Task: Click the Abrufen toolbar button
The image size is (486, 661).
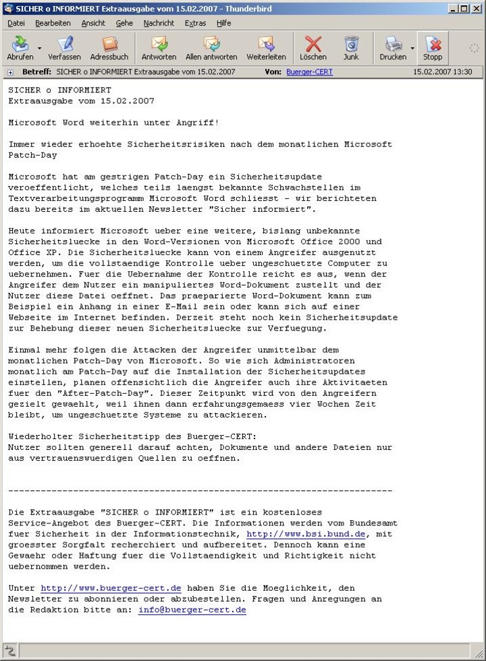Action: pos(20,48)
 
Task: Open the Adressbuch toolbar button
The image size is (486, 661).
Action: pos(109,48)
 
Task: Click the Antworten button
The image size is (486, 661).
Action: pos(159,48)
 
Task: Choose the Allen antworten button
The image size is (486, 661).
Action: pos(211,48)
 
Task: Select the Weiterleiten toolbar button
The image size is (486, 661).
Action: pos(266,48)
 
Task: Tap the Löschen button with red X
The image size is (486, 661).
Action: pos(313,48)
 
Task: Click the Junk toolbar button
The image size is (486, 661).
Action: pos(351,48)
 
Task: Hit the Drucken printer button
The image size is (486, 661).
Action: pos(393,48)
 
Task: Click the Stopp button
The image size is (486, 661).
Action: pos(433,48)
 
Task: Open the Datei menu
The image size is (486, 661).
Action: pos(16,23)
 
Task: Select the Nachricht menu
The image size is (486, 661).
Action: pos(159,23)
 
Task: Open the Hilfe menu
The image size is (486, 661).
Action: pos(223,23)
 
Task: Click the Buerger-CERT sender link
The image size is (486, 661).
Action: pos(309,71)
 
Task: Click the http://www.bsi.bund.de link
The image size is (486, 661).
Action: pos(306,534)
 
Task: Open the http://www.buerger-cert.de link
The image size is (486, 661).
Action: pos(111,588)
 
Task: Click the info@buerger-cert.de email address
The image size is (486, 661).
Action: pos(192,610)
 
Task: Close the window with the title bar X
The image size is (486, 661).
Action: pos(476,8)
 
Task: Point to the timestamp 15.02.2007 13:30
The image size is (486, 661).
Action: pos(443,71)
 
